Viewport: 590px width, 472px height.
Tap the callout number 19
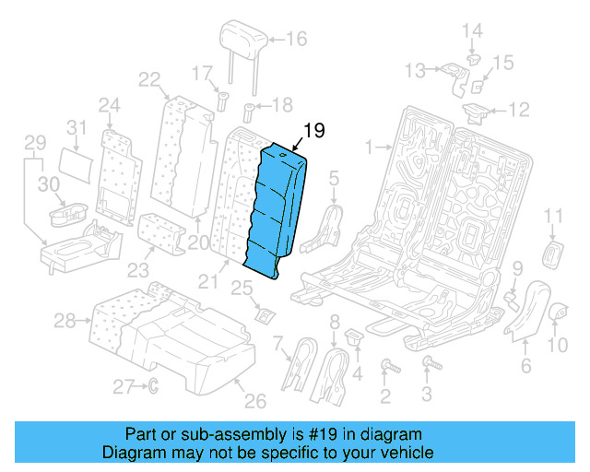pos(313,131)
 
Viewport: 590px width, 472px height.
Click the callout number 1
pos(370,147)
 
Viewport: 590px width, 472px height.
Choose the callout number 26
pos(254,400)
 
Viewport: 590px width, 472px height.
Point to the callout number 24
pos(110,104)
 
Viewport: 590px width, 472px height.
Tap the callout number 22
pos(149,80)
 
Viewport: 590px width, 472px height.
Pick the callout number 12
pos(520,111)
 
